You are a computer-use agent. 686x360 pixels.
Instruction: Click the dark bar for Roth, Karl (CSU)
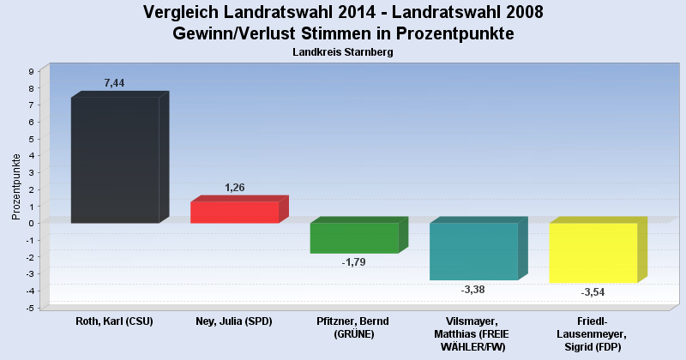pyautogui.click(x=114, y=159)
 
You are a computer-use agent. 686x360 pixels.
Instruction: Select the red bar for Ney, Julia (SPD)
pyautogui.click(x=234, y=212)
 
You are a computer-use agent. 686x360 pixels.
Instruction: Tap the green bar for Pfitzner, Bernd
pyautogui.click(x=354, y=237)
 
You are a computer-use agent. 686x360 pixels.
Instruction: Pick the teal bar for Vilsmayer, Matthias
pyautogui.click(x=473, y=251)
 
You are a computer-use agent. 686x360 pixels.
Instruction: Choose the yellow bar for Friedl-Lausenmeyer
pyautogui.click(x=593, y=252)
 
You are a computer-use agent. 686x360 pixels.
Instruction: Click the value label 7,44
pyautogui.click(x=115, y=83)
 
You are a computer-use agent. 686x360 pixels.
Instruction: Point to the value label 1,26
pyautogui.click(x=235, y=187)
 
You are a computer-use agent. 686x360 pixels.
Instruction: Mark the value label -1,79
pyautogui.click(x=353, y=262)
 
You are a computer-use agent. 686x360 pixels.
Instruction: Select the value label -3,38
pyautogui.click(x=472, y=290)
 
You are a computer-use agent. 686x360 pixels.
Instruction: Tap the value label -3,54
pyautogui.click(x=593, y=292)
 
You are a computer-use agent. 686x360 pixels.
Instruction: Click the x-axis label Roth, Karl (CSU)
pyautogui.click(x=114, y=321)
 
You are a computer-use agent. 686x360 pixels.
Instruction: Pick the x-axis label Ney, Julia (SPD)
pyautogui.click(x=234, y=321)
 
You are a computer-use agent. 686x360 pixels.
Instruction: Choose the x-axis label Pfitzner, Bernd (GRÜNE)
pyautogui.click(x=354, y=327)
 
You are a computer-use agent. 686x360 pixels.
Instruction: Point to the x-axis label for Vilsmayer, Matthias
pyautogui.click(x=473, y=333)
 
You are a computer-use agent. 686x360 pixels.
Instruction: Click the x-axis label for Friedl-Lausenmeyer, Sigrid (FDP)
pyautogui.click(x=593, y=333)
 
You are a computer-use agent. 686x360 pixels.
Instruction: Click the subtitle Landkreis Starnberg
pyautogui.click(x=342, y=52)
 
